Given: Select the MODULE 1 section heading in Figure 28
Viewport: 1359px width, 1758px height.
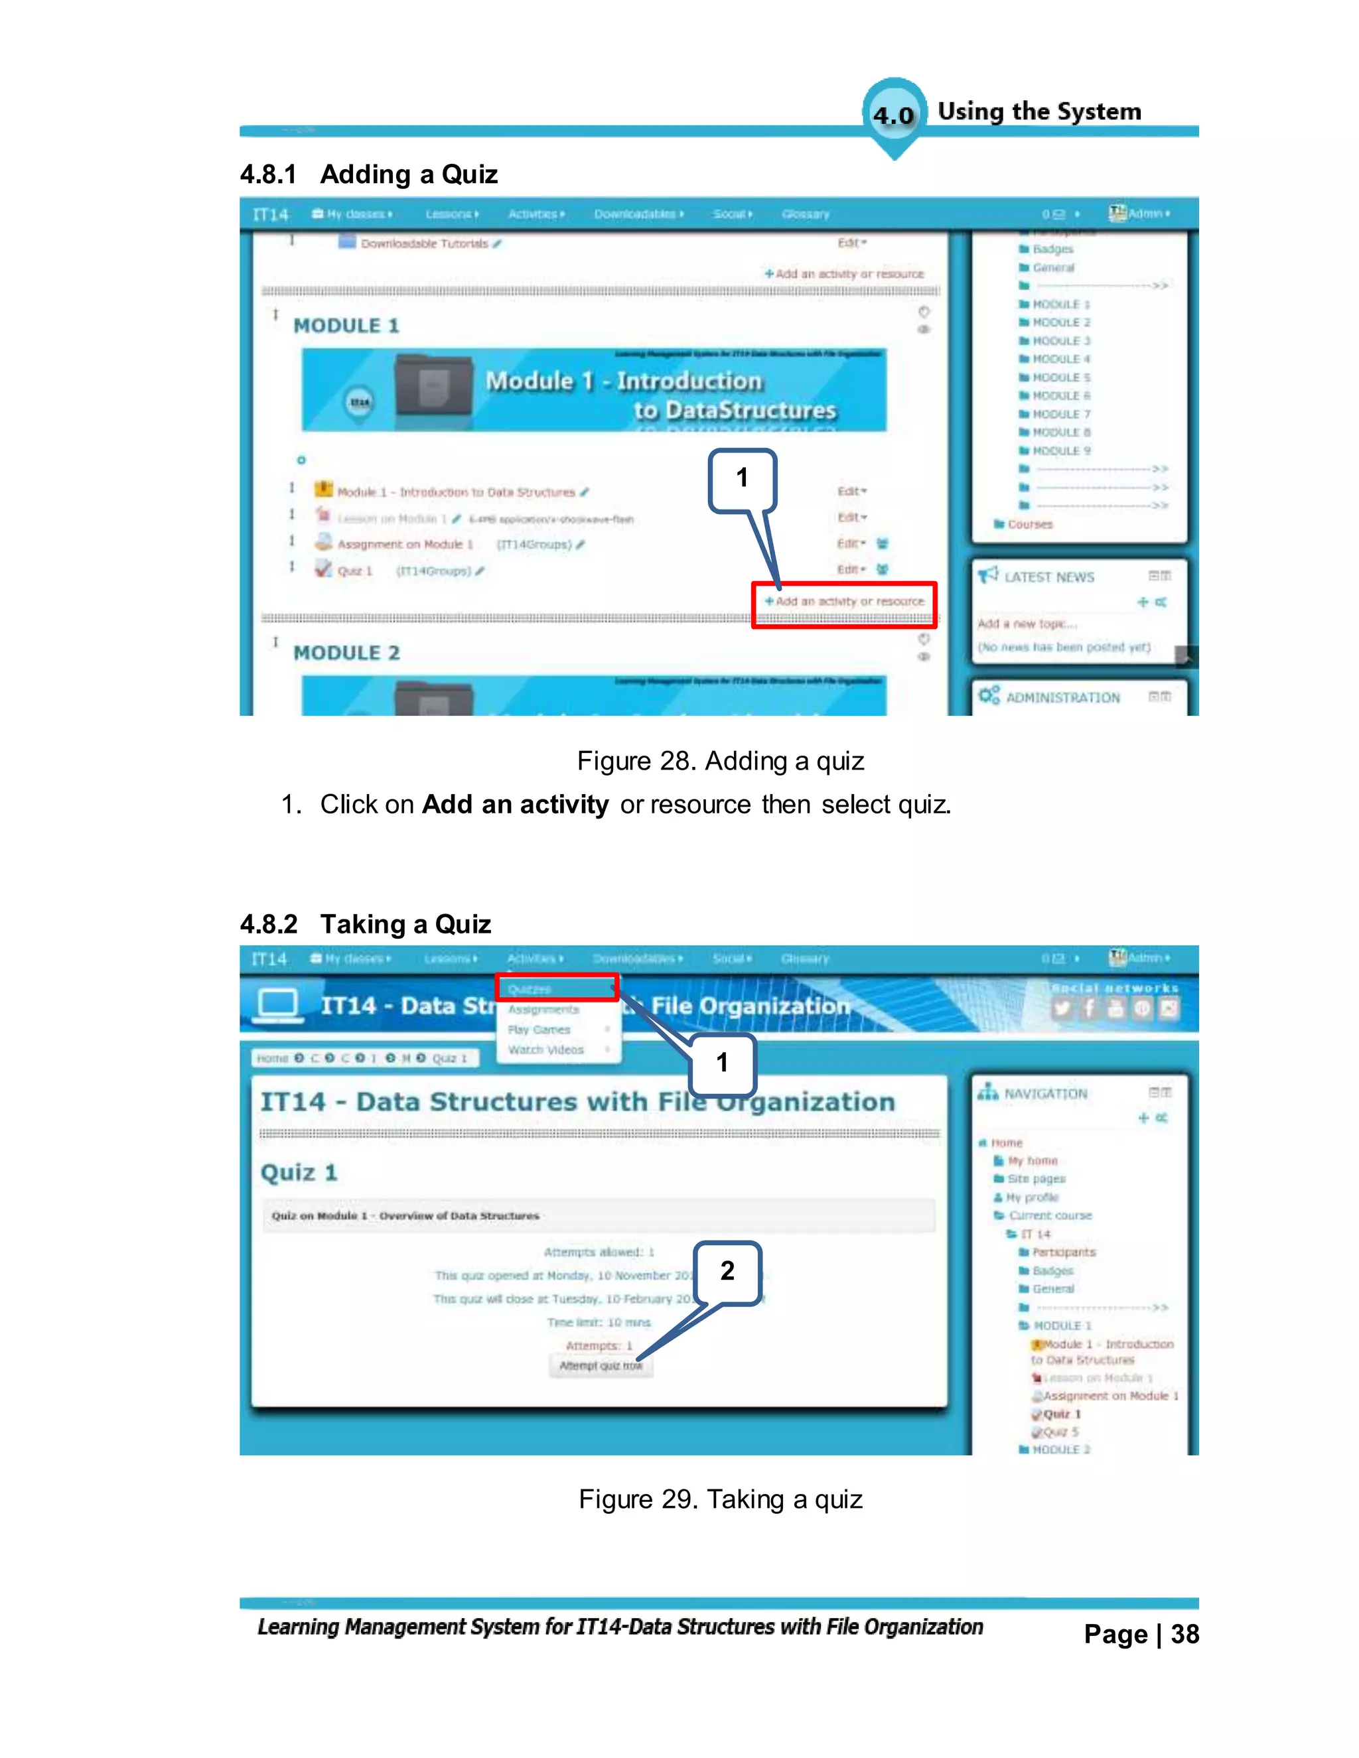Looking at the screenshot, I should pyautogui.click(x=346, y=326).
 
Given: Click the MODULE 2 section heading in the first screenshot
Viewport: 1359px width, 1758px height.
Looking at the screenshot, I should pyautogui.click(x=346, y=653).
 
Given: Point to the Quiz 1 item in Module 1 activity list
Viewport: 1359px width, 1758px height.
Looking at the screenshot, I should pyautogui.click(x=354, y=571).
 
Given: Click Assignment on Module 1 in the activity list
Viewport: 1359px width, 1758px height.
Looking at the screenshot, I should pyautogui.click(x=404, y=545).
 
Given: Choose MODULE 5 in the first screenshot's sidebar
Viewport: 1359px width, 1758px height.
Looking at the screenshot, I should pyautogui.click(x=1061, y=377).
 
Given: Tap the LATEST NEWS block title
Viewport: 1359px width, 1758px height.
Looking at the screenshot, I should pyautogui.click(x=1049, y=577).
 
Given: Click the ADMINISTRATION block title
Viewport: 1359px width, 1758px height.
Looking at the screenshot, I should pyautogui.click(x=1063, y=698).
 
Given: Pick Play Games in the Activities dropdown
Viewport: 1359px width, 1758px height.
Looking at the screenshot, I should pyautogui.click(x=539, y=1030).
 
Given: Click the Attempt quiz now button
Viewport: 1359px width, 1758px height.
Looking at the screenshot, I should pyautogui.click(x=601, y=1366).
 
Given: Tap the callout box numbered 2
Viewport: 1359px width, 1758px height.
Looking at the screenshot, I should pyautogui.click(x=727, y=1272).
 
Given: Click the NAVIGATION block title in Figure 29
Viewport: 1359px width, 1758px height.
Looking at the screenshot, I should pyautogui.click(x=1046, y=1094).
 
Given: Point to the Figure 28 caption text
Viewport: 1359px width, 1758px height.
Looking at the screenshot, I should pyautogui.click(x=721, y=762).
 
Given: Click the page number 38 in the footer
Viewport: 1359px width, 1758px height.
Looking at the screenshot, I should pyautogui.click(x=1184, y=1635).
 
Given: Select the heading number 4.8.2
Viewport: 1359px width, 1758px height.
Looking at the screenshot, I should pyautogui.click(x=269, y=924).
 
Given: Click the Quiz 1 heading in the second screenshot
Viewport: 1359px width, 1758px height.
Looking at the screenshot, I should pyautogui.click(x=299, y=1173).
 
